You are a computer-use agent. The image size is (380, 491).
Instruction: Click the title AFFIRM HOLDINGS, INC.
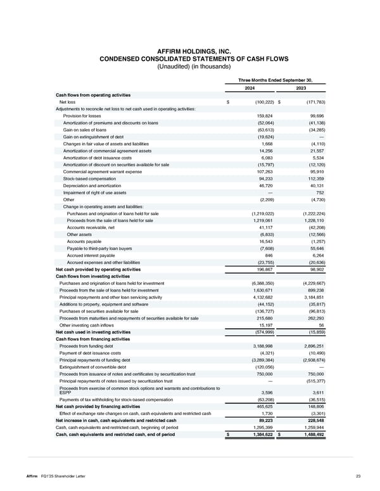(x=190, y=51)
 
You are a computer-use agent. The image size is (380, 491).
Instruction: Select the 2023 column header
(x=301, y=88)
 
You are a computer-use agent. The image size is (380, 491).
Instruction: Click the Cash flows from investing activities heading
(x=94, y=276)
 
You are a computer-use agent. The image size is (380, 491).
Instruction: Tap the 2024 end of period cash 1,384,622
(x=258, y=433)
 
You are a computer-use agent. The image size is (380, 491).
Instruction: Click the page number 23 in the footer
(x=358, y=476)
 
